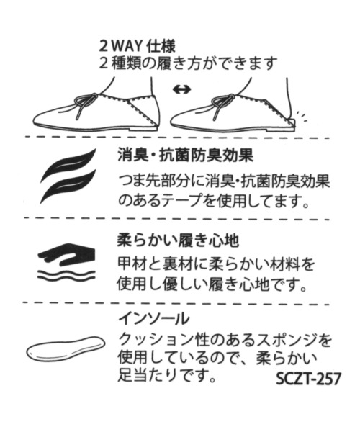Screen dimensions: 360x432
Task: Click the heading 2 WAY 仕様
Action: pos(138,47)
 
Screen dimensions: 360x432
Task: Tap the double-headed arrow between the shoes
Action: pos(181,89)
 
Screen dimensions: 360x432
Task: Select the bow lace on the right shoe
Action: pos(222,105)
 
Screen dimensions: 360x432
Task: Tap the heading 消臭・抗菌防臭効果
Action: pos(185,156)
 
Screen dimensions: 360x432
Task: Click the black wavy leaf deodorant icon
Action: pos(68,176)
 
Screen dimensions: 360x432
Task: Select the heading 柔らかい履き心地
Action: pos(178,240)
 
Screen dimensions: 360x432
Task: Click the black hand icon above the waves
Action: pos(67,254)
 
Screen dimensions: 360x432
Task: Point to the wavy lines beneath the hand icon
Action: pos(66,275)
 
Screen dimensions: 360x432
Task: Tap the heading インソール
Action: pos(154,319)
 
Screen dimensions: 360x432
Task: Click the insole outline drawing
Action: pos(66,348)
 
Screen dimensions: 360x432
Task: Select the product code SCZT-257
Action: pos(308,379)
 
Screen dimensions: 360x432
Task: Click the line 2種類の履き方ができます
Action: pos(188,64)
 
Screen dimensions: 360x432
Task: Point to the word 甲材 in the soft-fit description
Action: pos(131,264)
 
